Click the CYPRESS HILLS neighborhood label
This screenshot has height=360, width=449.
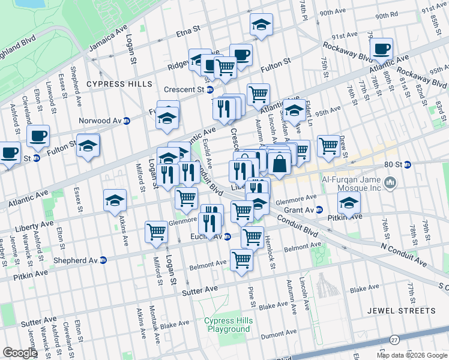119,84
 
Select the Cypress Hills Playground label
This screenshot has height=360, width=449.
229,325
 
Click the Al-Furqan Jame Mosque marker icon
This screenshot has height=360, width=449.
391,181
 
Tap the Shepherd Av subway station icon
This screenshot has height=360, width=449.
103,260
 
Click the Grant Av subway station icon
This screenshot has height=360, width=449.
319,210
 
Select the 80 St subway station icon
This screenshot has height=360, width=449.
407,164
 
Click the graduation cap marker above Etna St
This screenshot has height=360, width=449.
261,25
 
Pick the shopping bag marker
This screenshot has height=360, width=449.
280,163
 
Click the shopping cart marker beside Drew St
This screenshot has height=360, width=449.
328,145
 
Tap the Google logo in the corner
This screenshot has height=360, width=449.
20,353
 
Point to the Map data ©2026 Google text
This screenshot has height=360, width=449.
412,355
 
